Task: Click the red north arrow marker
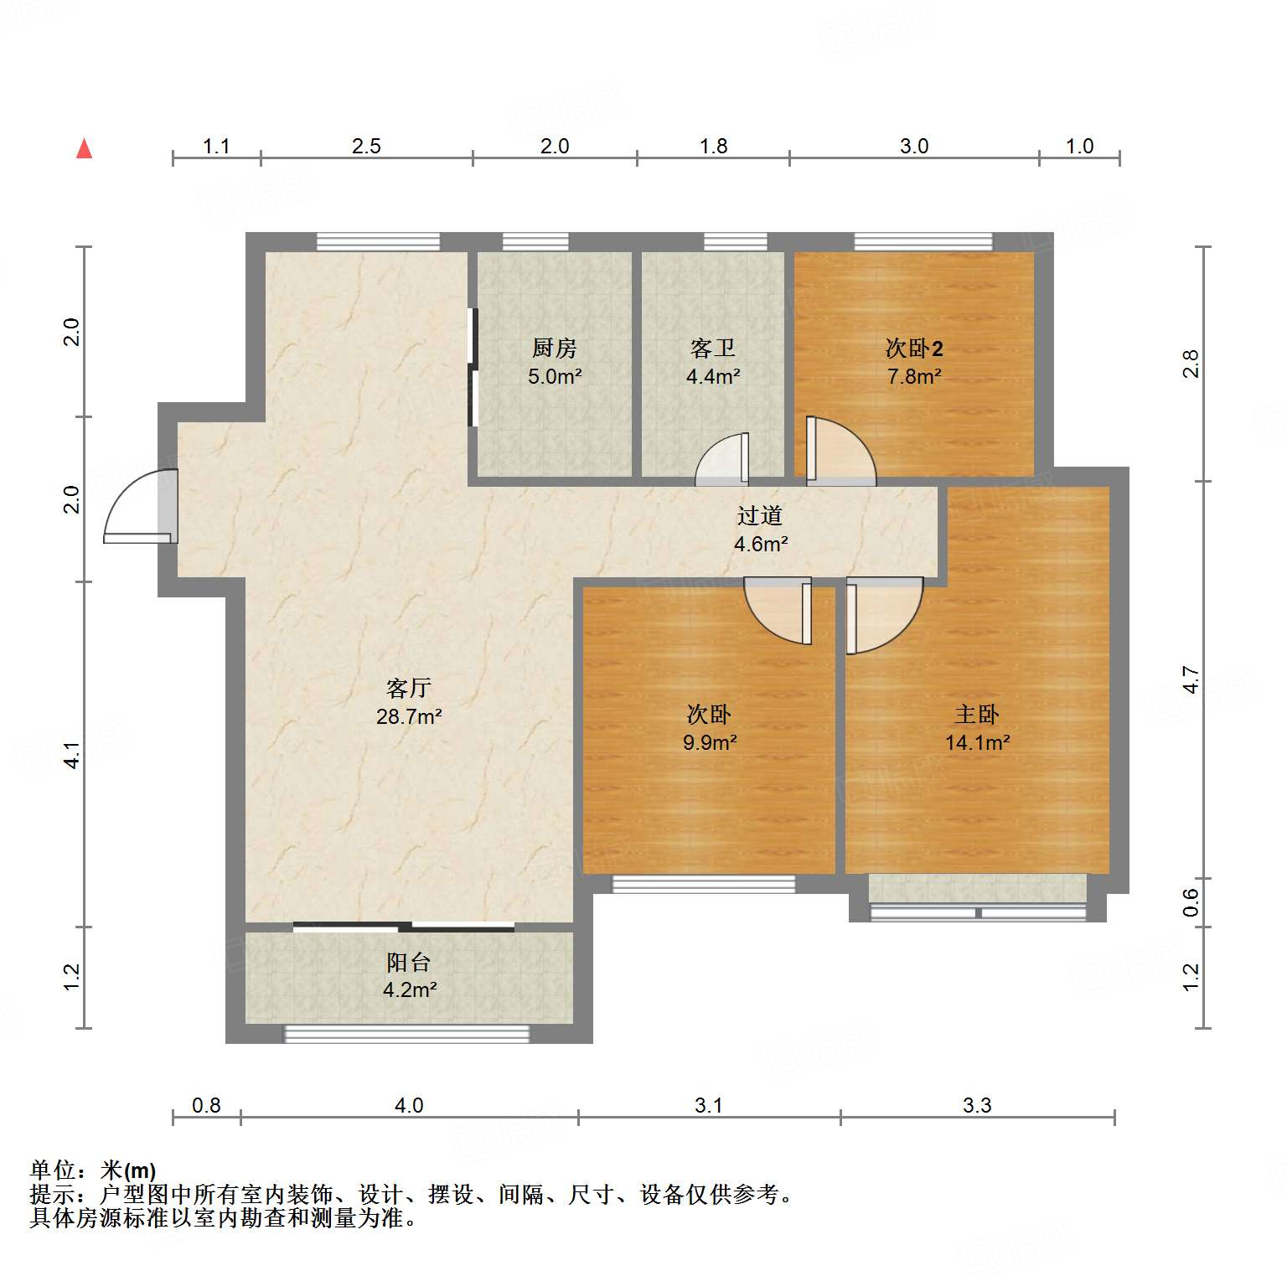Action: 84,149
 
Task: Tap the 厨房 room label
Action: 554,348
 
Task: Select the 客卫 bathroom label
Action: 712,348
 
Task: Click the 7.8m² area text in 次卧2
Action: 914,377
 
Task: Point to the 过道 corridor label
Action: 759,515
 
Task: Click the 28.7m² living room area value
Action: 409,716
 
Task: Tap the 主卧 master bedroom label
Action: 976,714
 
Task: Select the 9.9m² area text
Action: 710,742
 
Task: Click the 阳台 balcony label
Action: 409,962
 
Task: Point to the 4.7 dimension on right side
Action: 1191,679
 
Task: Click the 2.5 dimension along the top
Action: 366,147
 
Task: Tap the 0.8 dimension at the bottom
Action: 206,1106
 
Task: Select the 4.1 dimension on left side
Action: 72,755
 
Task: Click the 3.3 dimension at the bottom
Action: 977,1106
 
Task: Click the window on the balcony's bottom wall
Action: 407,1035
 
